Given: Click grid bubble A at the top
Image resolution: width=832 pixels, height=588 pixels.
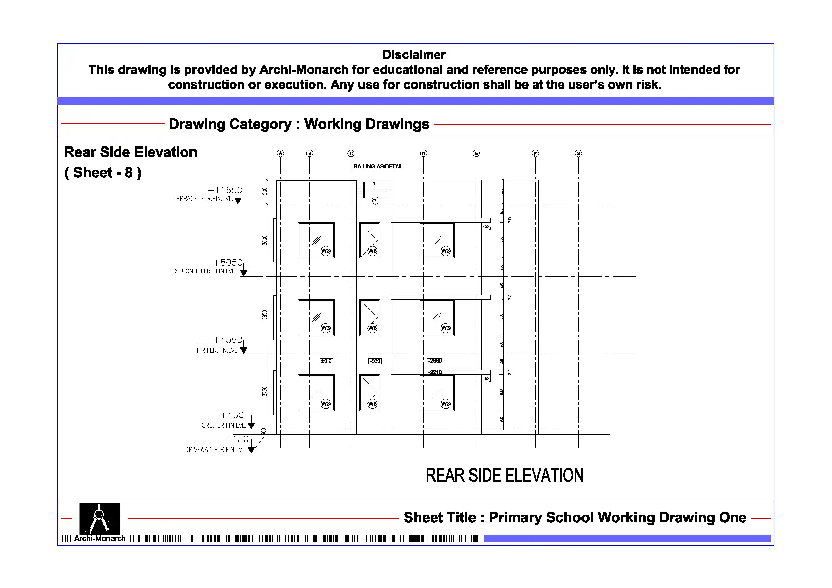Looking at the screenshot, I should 280,153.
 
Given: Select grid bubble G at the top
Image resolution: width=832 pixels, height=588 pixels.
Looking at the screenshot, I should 578,153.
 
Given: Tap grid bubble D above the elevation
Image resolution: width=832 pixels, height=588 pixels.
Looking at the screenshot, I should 423,153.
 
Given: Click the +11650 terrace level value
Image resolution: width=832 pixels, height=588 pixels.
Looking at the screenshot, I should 225,190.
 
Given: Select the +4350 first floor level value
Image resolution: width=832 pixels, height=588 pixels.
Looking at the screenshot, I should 228,340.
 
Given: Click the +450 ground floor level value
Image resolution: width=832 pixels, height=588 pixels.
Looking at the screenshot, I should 232,415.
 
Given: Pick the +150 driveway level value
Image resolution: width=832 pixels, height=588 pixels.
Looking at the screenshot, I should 237,439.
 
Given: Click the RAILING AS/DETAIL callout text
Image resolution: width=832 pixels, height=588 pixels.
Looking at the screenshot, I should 378,166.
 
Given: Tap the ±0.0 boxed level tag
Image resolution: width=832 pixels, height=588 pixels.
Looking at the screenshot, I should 326,361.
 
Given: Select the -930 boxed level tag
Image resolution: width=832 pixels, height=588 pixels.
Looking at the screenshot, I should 375,361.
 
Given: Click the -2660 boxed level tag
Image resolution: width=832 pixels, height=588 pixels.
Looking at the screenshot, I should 435,361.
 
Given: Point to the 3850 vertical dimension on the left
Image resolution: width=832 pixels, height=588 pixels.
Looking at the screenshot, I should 265,315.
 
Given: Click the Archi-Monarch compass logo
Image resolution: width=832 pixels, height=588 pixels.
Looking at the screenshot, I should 100,519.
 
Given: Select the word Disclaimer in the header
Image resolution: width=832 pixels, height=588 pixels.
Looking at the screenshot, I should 414,55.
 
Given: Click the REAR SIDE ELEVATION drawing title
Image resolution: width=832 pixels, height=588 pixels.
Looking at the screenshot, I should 504,475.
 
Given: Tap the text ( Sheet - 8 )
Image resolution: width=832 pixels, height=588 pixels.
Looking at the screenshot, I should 103,173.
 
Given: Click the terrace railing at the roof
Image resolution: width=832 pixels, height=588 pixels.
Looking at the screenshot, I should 374,189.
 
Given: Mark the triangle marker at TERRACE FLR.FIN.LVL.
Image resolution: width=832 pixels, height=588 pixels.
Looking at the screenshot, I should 238,201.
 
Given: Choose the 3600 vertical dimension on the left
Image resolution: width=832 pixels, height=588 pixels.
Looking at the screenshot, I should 265,240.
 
